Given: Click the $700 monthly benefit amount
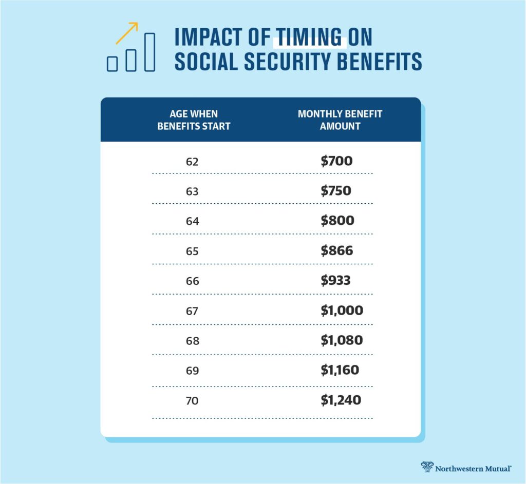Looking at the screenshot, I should pyautogui.click(x=336, y=161).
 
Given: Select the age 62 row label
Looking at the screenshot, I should pyautogui.click(x=192, y=162).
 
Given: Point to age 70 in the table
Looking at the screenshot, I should pyautogui.click(x=192, y=400).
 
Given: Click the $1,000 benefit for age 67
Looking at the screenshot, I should pyautogui.click(x=342, y=310).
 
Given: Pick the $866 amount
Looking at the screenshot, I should pyautogui.click(x=336, y=250).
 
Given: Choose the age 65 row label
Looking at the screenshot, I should pyautogui.click(x=192, y=251).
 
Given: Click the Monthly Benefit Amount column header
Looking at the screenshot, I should pyautogui.click(x=340, y=120).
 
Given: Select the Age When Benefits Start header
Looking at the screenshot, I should pyautogui.click(x=194, y=120).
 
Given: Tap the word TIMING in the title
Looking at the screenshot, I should pyautogui.click(x=308, y=37).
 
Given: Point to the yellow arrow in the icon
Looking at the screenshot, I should pyautogui.click(x=127, y=32).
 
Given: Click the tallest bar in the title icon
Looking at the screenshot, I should pyautogui.click(x=149, y=52).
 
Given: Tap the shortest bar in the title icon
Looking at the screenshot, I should pyautogui.click(x=112, y=63).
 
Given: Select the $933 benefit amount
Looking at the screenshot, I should pyautogui.click(x=336, y=280).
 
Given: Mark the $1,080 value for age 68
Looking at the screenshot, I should pyautogui.click(x=342, y=340).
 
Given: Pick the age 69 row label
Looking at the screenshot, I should pyautogui.click(x=192, y=370).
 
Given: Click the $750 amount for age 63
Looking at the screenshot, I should pyautogui.click(x=336, y=191).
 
